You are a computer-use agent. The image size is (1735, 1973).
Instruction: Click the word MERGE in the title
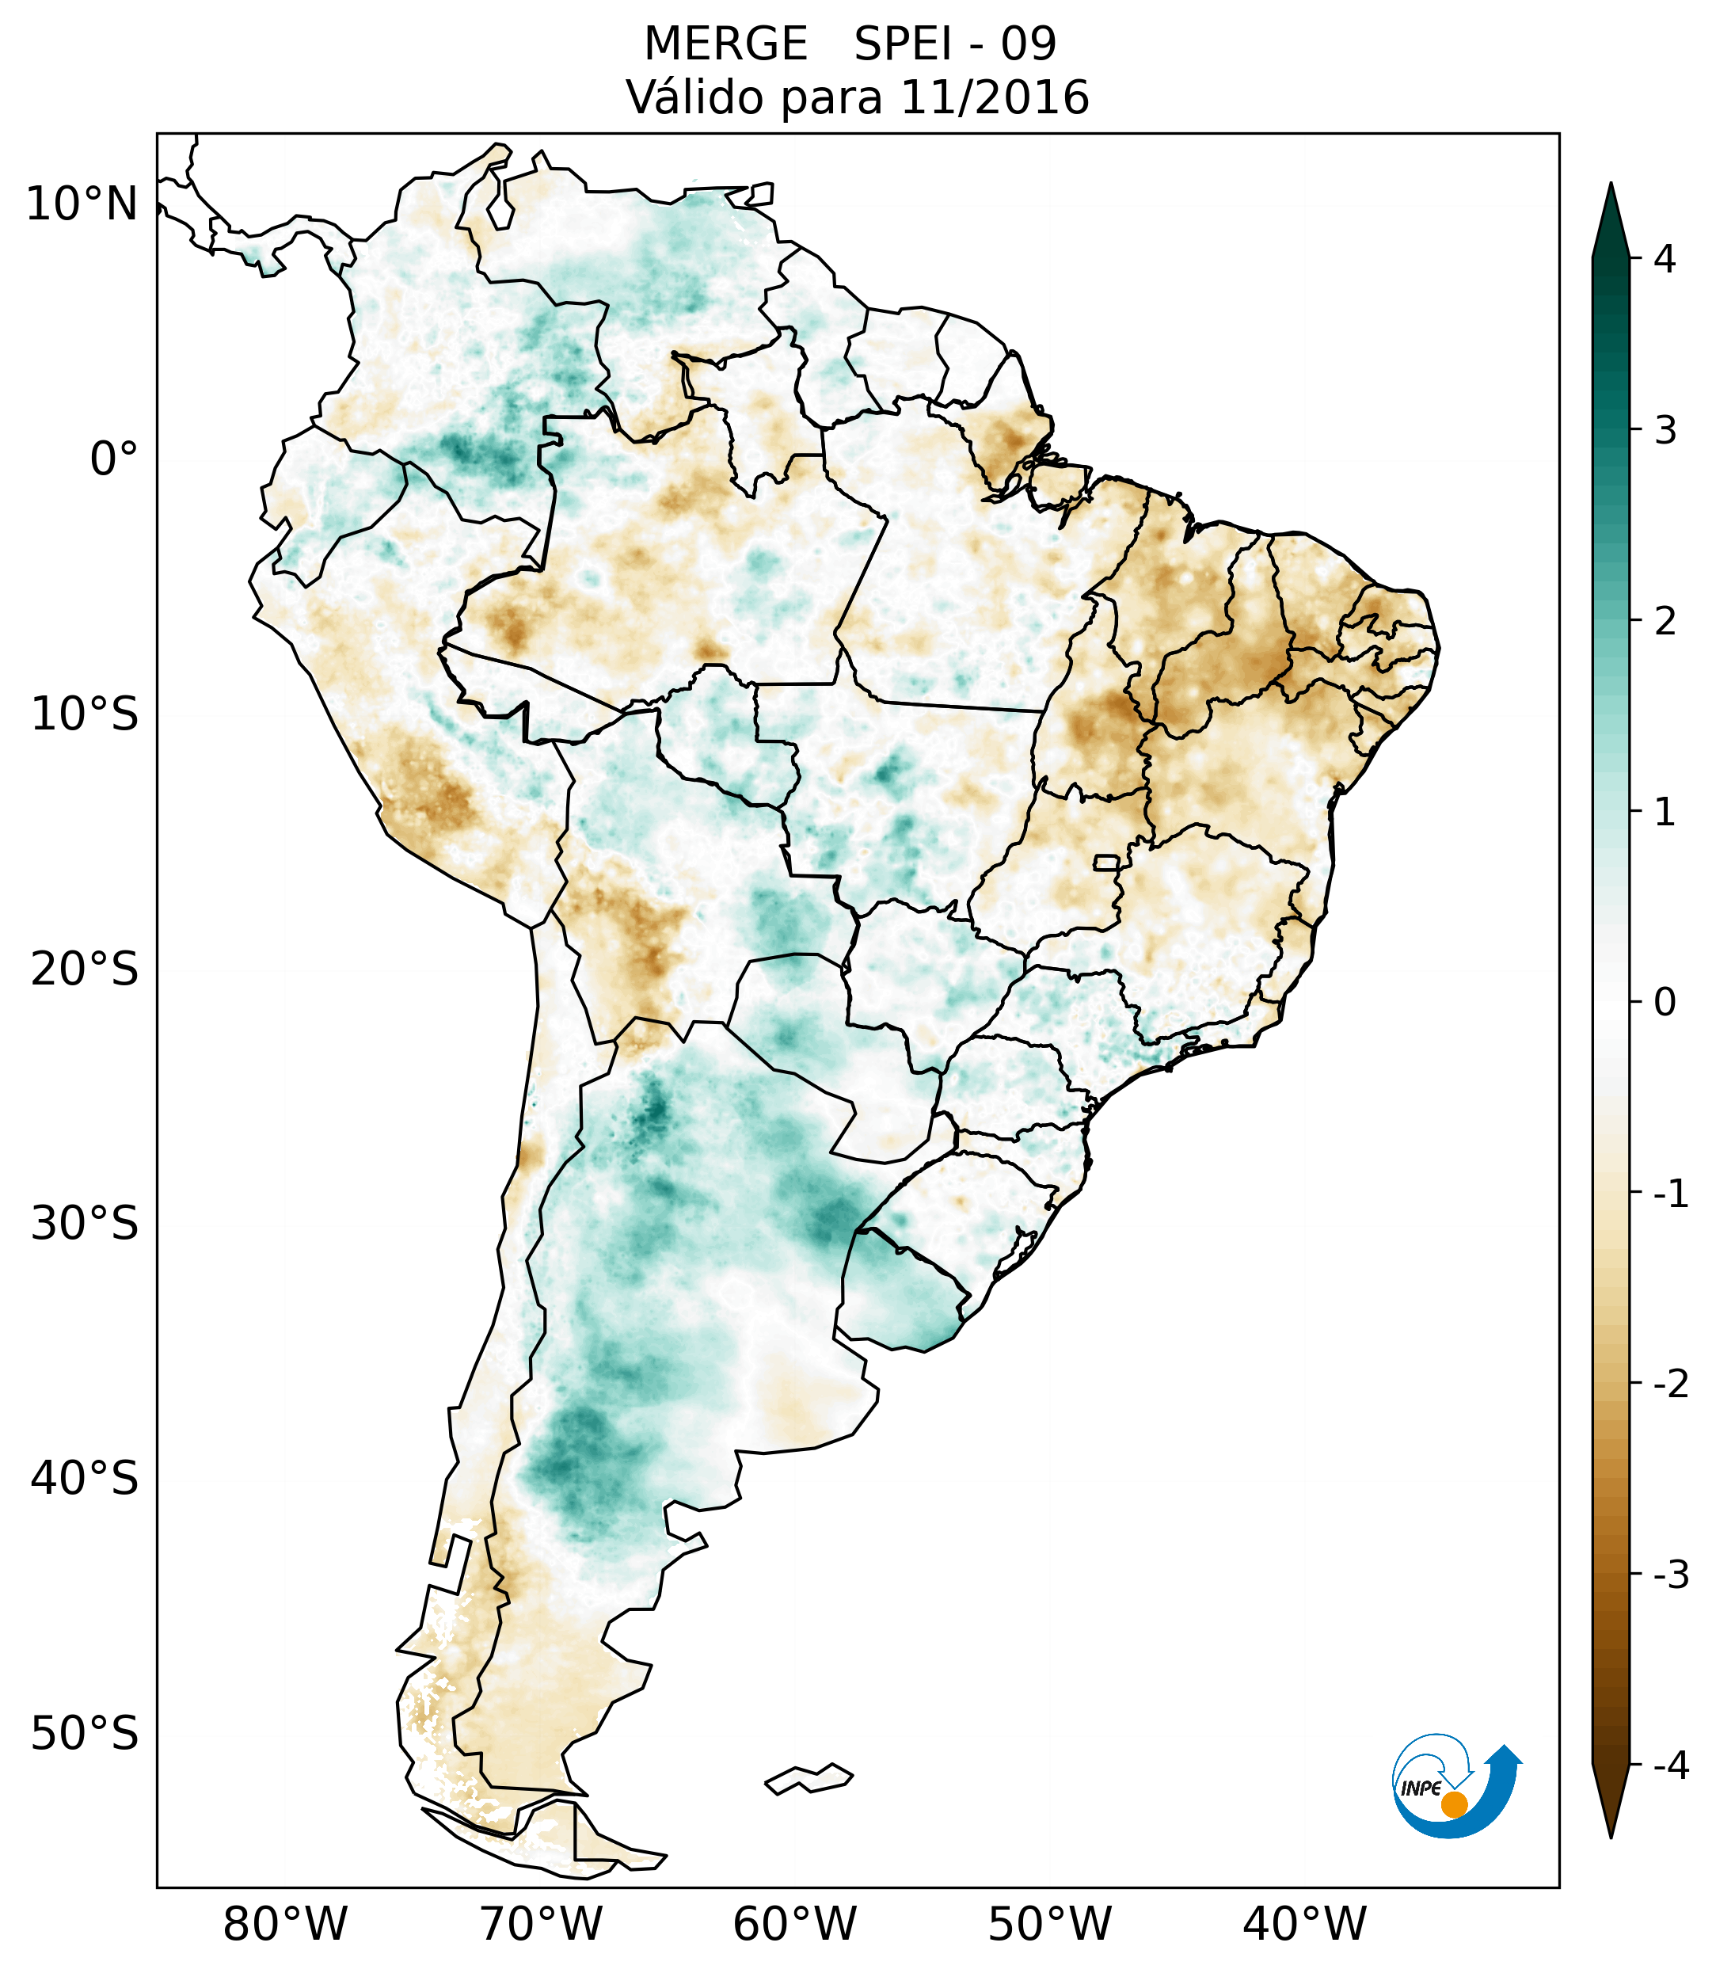[725, 44]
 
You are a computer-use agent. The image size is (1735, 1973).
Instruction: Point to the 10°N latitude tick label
[81, 204]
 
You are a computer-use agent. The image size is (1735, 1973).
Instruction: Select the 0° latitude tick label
[114, 459]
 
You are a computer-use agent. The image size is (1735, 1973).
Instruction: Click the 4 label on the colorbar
[1665, 259]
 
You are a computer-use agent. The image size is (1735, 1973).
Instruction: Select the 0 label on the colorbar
[1665, 1003]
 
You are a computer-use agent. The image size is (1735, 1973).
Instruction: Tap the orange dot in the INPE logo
[1454, 1804]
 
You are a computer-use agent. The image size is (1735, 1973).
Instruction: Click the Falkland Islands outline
[809, 1778]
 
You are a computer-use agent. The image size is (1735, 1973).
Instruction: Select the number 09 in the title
[1029, 44]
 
